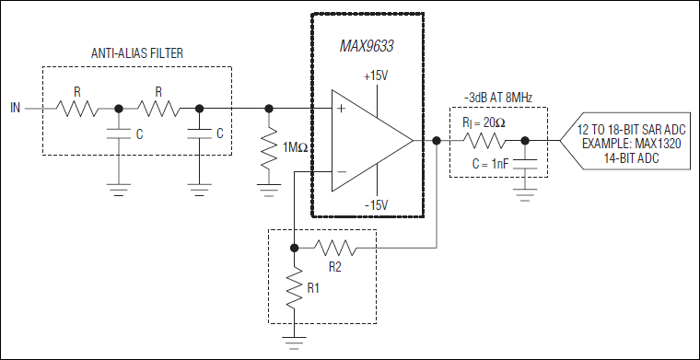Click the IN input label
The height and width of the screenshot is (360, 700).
[x=15, y=109]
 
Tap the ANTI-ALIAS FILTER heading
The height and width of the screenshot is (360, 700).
[x=137, y=53]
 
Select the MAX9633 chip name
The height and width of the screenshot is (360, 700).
[x=367, y=46]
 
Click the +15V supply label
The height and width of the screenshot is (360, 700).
[x=377, y=76]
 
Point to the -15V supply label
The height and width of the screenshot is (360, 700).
[x=378, y=205]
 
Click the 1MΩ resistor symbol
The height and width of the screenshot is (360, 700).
[x=269, y=148]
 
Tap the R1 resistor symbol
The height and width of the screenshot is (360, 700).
[x=294, y=288]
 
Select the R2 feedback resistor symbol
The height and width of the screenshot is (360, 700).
[x=335, y=248]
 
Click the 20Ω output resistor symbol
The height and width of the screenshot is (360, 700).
[x=485, y=142]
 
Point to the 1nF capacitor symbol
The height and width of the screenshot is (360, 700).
[x=525, y=163]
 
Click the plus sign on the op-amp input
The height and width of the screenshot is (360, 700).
[x=342, y=109]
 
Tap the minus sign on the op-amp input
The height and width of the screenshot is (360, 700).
[x=342, y=172]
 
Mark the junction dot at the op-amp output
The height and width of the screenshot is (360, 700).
[x=437, y=141]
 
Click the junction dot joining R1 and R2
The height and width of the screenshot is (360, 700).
[x=294, y=248]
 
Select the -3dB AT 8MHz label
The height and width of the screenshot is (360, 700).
[x=498, y=99]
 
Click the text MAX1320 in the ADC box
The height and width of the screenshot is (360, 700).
[x=656, y=145]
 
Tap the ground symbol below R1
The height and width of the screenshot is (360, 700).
[x=294, y=343]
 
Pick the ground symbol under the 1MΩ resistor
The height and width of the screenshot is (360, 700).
[x=269, y=190]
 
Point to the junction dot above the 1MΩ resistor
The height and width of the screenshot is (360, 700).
[x=269, y=109]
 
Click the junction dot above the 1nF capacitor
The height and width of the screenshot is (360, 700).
[x=525, y=141]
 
